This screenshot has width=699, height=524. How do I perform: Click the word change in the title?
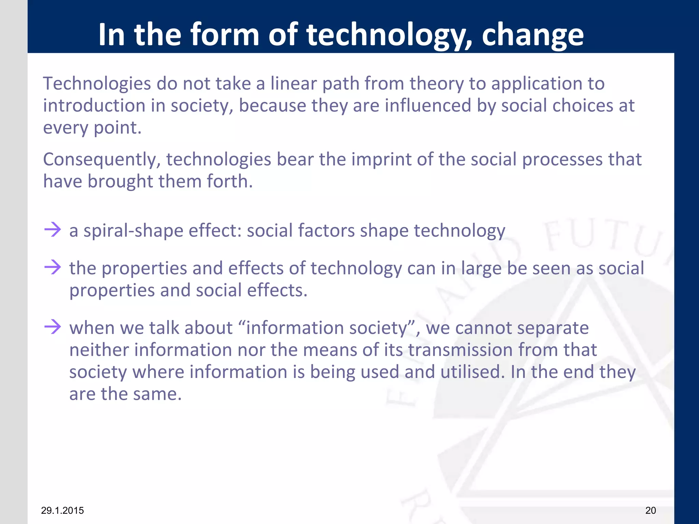click(x=532, y=35)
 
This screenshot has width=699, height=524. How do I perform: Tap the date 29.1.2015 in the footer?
click(x=62, y=510)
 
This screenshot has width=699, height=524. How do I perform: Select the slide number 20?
click(x=651, y=510)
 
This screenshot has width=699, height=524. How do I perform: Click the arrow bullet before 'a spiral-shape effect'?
click(x=53, y=229)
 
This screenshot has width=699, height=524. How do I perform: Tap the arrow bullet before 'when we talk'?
click(x=53, y=326)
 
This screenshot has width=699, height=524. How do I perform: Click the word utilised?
click(x=472, y=372)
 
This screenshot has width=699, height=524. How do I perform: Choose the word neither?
click(x=99, y=350)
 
